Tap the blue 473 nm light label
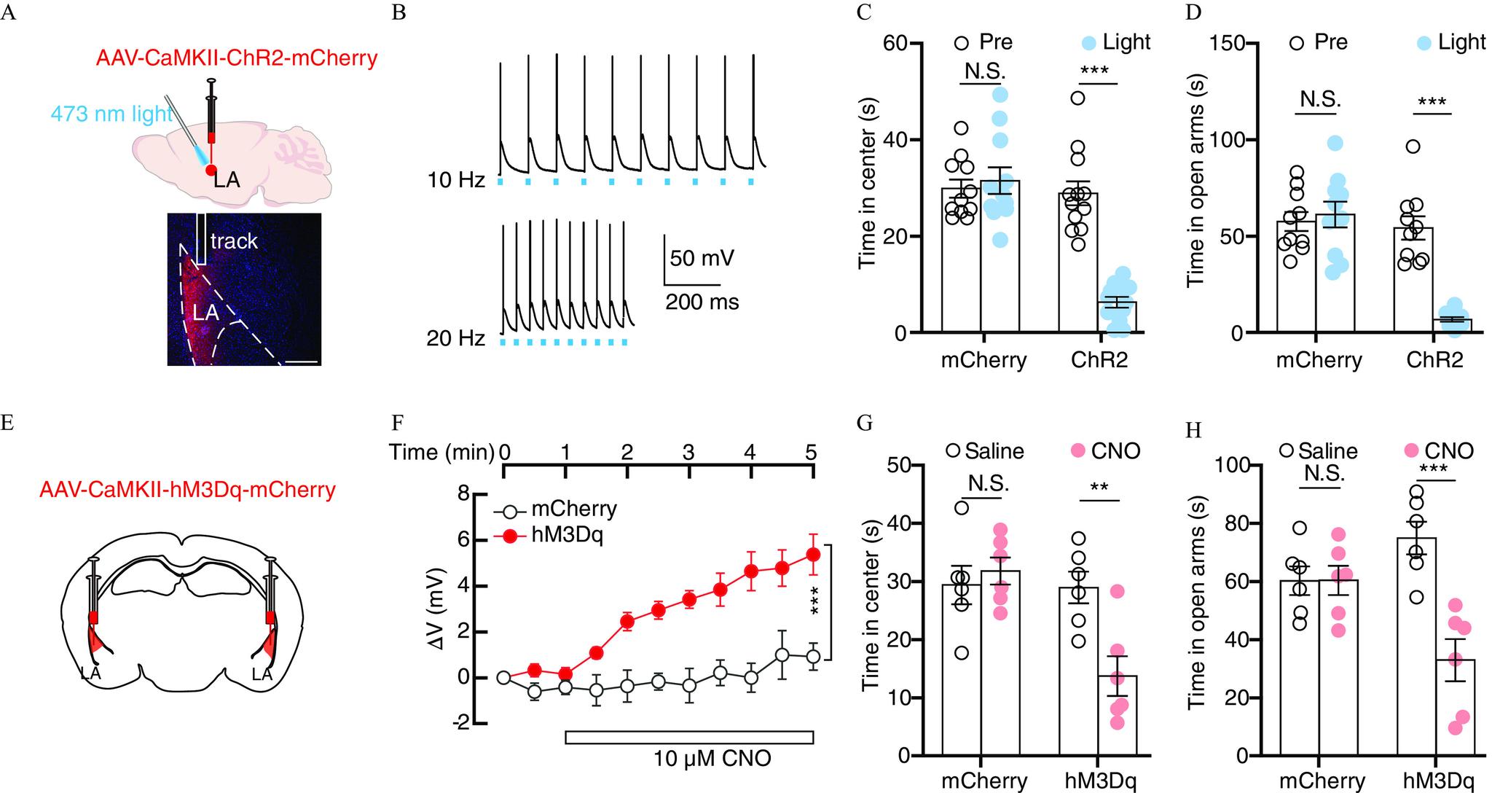(111, 114)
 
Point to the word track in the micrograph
(234, 241)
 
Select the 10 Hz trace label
(456, 179)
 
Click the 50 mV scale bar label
(702, 259)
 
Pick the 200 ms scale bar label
(702, 301)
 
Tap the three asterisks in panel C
(1099, 72)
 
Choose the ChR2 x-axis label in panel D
(1435, 360)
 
